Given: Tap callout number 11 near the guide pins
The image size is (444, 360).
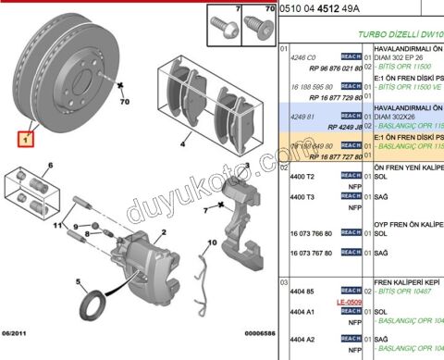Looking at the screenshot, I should tap(55, 225).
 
